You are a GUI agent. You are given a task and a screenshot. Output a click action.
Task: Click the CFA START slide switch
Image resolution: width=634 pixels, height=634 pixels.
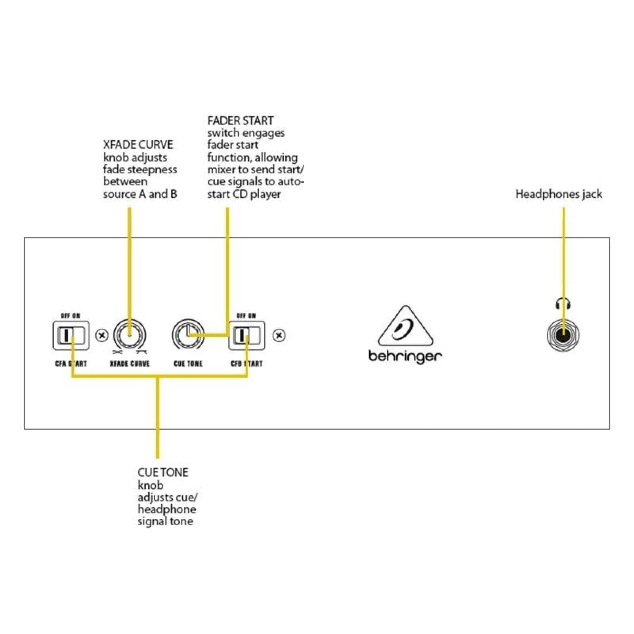point(71,335)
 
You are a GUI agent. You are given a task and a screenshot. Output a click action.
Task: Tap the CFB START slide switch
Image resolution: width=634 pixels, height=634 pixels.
point(246,335)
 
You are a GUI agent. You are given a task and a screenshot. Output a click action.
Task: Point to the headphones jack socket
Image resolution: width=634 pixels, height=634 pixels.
point(563,336)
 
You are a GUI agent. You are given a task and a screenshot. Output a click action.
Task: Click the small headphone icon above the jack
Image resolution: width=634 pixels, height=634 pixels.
point(563,303)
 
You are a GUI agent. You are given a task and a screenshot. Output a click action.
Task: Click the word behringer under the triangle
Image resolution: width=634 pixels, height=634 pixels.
point(405,357)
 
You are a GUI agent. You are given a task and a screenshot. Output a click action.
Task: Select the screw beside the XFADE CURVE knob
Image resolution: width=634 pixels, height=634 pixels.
point(102,336)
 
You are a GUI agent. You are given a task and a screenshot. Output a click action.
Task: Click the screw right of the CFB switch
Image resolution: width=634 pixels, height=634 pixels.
point(279,336)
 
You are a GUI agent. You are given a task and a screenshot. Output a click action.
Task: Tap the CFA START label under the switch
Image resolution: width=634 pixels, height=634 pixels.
point(71,364)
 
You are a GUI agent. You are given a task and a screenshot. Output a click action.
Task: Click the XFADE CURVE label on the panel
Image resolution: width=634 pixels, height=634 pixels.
point(130,364)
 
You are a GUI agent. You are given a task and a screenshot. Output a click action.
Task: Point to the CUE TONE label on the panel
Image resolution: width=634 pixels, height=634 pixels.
point(188,364)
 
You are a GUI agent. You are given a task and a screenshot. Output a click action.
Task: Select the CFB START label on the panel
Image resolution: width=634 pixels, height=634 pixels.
point(246,364)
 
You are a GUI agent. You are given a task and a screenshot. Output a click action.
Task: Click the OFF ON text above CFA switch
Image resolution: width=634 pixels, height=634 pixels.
point(71,316)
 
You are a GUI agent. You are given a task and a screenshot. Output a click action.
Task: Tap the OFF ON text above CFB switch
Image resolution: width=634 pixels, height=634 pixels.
point(246,316)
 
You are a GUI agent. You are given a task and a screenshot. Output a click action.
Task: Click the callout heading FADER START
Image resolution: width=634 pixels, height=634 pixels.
point(240,121)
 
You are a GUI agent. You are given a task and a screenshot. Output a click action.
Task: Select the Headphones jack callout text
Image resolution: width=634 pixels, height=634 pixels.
point(559,194)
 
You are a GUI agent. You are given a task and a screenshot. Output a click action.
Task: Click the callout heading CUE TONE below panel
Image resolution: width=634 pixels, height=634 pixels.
point(163,473)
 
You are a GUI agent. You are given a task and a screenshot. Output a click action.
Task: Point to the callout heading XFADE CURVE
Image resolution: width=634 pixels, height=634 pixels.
point(138,145)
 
